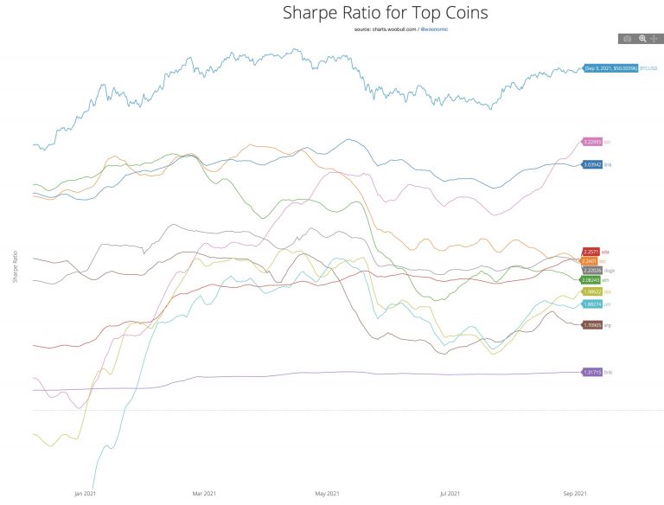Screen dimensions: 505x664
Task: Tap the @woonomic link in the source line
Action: (x=434, y=29)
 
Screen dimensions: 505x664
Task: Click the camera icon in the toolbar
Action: (x=628, y=39)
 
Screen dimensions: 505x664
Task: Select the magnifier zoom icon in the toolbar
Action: (x=642, y=39)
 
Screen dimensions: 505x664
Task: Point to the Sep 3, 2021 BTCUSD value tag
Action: (x=610, y=67)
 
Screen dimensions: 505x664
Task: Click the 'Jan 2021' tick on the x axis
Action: (x=85, y=494)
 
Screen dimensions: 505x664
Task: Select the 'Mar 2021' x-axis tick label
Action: (x=204, y=494)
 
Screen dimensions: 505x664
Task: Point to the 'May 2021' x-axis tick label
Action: (x=326, y=494)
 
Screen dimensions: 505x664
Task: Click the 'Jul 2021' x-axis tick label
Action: (x=450, y=494)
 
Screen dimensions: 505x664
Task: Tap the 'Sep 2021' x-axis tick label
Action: (x=574, y=494)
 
